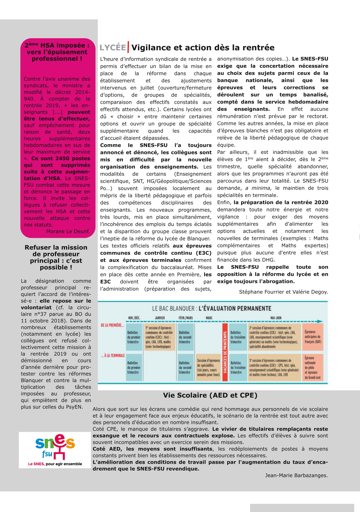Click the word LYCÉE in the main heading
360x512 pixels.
113,47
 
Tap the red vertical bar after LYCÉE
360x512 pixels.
128,47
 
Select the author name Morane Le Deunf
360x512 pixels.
68,231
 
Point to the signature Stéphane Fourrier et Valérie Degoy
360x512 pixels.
283,292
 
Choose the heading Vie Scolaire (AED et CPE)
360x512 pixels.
210,395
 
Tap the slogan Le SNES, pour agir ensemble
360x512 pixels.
55,464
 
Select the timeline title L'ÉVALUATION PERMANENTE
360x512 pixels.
235,308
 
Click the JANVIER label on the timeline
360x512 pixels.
160,318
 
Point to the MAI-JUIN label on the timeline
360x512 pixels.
276,318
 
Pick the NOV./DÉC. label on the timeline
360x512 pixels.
134,318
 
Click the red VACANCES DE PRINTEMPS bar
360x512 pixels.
225,352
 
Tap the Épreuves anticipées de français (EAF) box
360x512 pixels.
313,337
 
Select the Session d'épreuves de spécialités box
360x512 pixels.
208,367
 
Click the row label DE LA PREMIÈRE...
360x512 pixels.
112,325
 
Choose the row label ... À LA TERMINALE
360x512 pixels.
113,356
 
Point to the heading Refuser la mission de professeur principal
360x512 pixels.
56,257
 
